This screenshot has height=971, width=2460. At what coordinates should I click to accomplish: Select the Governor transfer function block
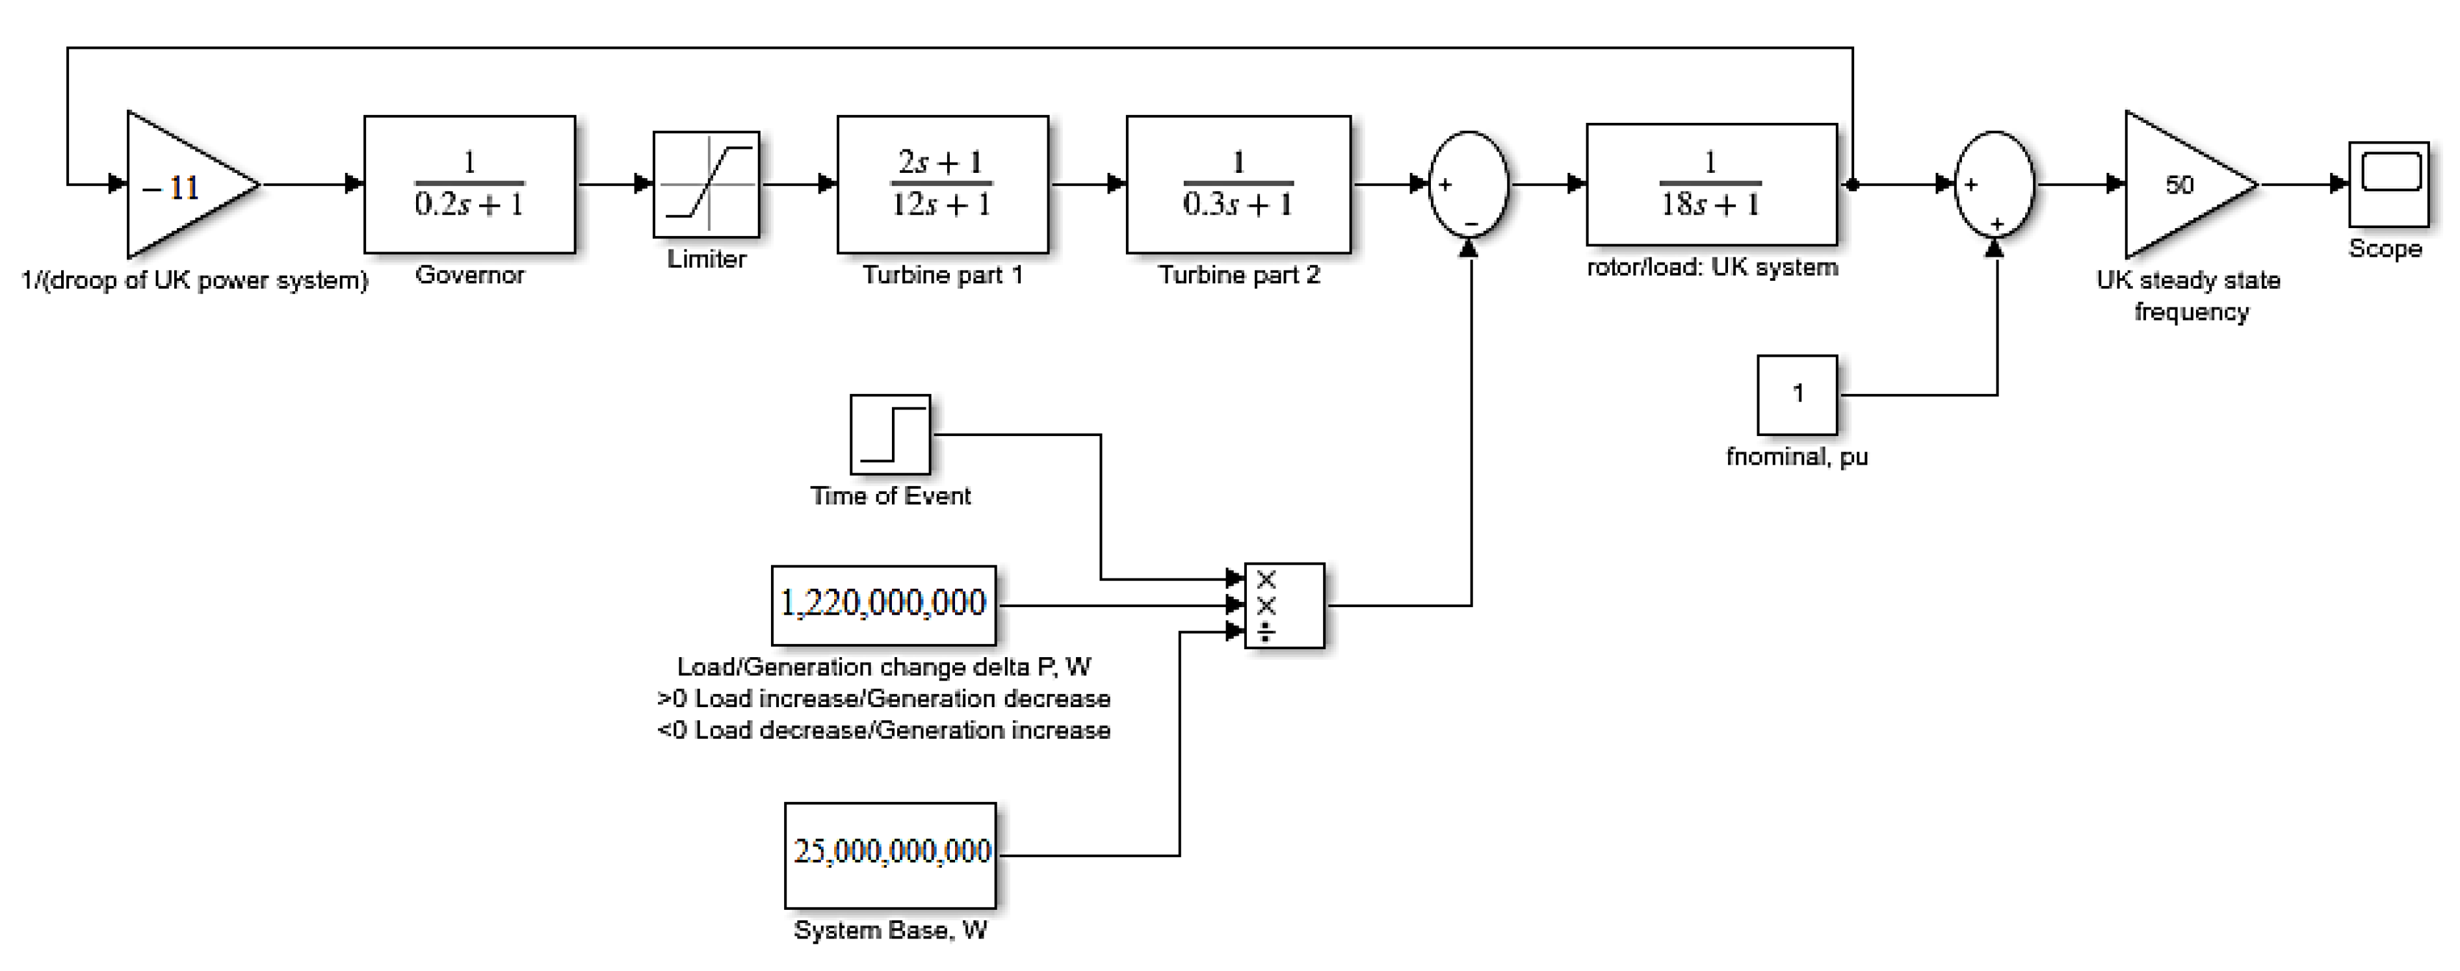(469, 185)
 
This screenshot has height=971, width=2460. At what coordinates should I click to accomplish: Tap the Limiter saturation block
(706, 185)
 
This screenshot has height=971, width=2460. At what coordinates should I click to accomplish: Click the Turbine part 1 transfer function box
(941, 185)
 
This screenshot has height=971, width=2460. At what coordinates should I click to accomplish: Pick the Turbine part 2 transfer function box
(1238, 185)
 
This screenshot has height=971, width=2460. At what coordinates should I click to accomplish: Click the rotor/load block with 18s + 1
(1710, 185)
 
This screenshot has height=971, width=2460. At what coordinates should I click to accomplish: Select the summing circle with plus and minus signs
(1468, 185)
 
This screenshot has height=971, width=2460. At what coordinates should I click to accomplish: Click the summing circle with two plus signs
(1994, 185)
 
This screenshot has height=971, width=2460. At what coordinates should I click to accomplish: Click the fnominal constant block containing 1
(1796, 395)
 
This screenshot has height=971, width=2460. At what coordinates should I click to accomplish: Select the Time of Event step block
(890, 434)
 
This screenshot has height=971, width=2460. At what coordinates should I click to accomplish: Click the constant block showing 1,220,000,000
(883, 604)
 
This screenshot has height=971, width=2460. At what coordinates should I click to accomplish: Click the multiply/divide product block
(1285, 605)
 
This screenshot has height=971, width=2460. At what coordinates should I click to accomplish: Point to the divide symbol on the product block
(1265, 632)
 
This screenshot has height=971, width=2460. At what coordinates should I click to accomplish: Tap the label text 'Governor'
(469, 275)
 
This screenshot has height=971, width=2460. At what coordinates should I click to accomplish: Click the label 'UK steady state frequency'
(2189, 296)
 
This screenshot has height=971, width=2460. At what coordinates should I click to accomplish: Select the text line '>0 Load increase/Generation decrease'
(883, 699)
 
